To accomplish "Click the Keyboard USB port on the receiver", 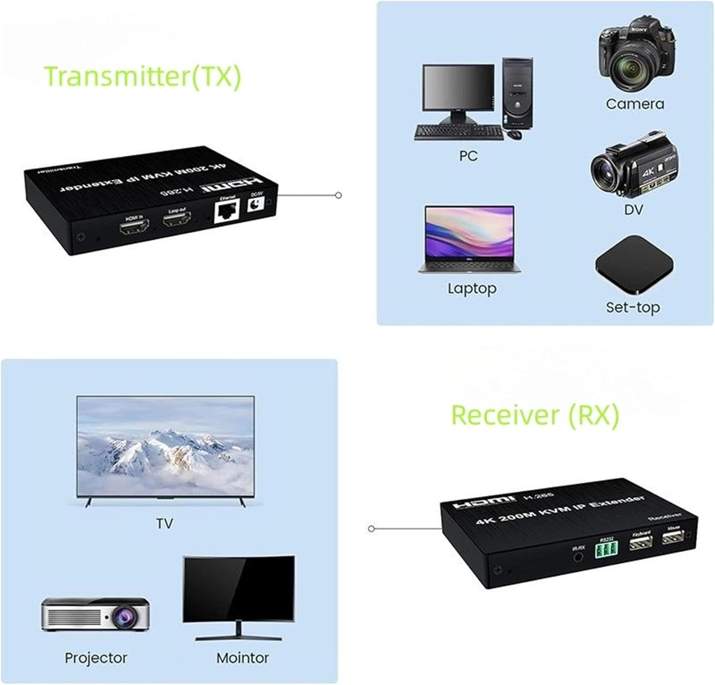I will coord(641,543).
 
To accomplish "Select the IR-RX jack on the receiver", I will coord(578,556).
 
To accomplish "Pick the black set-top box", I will coord(634,265).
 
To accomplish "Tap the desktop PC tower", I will coord(518,93).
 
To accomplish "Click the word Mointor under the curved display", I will coord(242,658).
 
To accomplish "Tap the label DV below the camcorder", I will coord(633,209).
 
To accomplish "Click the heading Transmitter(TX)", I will coord(143,76).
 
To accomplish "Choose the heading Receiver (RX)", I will coord(535,415).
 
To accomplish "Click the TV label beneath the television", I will coord(164,524).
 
